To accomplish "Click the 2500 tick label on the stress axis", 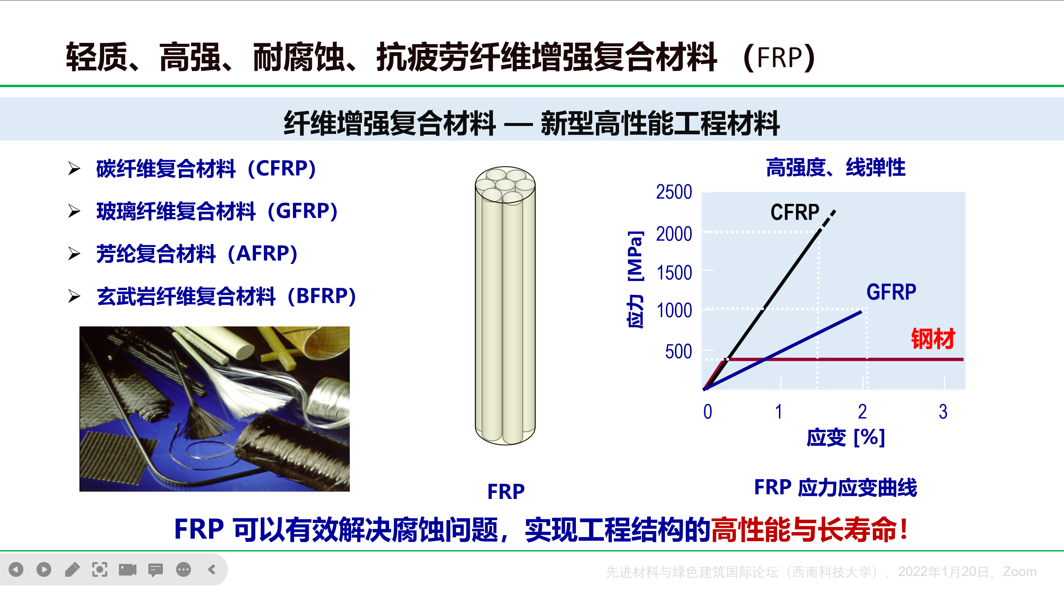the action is click(674, 192).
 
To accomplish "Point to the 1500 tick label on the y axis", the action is click(674, 273).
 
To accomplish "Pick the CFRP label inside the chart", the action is click(795, 212).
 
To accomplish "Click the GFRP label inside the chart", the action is click(891, 292).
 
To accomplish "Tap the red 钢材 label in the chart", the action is click(933, 339).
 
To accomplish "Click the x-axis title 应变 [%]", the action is click(846, 437).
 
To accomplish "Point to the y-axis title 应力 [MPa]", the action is click(635, 280).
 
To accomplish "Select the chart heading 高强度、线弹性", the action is click(836, 168).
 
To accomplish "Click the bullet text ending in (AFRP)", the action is click(197, 254).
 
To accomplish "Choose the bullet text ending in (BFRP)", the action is click(226, 296).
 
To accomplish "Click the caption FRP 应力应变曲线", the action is click(835, 487).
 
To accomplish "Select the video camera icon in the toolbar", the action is click(128, 570).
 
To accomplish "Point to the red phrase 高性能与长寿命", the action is click(803, 530).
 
